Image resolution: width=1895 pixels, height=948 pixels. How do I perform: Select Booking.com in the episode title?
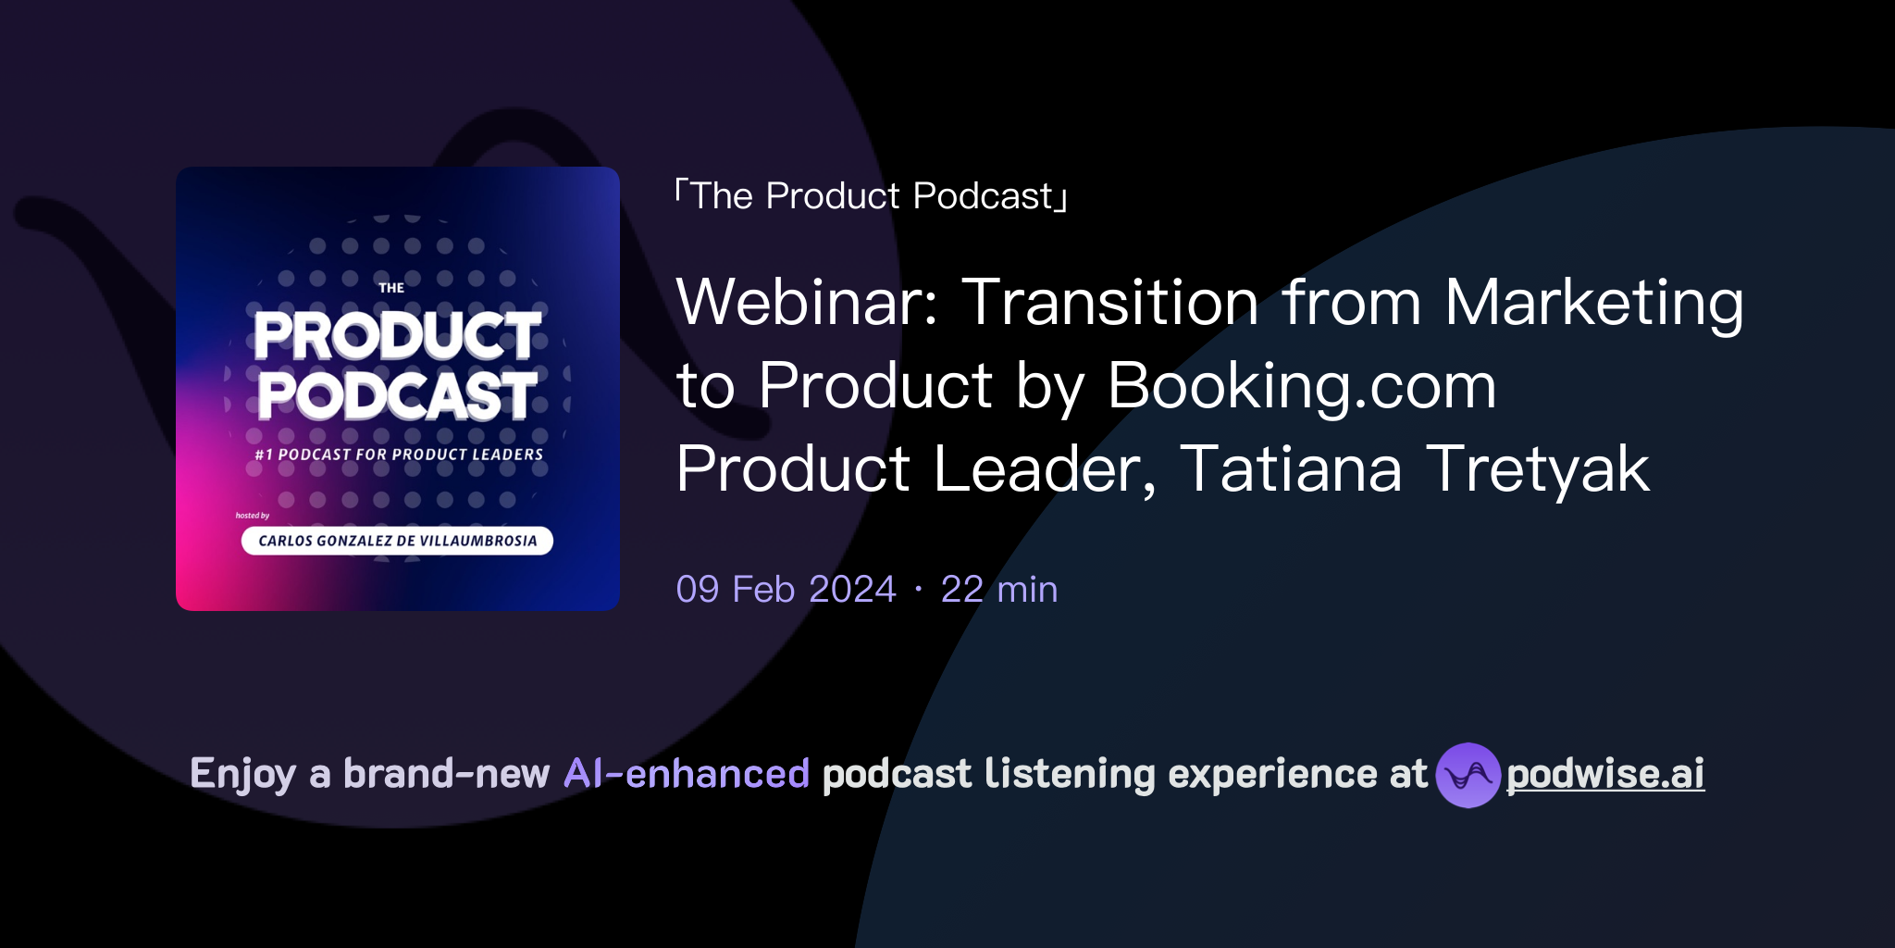(1301, 386)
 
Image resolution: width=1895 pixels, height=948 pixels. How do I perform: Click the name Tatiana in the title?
(1291, 469)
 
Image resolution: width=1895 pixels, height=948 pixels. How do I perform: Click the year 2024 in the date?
(852, 590)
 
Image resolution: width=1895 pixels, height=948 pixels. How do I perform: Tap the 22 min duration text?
(998, 590)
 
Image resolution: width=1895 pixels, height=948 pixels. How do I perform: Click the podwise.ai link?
(1604, 774)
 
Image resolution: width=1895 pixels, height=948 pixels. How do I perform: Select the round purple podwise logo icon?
(1468, 775)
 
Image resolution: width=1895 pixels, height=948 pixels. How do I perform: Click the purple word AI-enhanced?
(687, 774)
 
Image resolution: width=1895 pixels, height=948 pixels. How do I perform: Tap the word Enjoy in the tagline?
(243, 775)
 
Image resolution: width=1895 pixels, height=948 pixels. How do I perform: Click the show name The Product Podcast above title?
(872, 196)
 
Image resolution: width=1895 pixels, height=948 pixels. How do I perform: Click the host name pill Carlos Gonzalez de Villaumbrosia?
(397, 541)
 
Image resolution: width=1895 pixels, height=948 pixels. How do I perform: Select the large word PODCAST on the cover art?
(397, 396)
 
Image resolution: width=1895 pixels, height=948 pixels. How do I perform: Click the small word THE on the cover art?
(391, 288)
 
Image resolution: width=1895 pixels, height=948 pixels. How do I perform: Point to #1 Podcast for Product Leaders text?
(399, 455)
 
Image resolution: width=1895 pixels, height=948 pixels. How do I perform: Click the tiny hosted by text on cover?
(253, 516)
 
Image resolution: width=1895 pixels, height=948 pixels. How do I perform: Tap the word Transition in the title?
(1110, 303)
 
